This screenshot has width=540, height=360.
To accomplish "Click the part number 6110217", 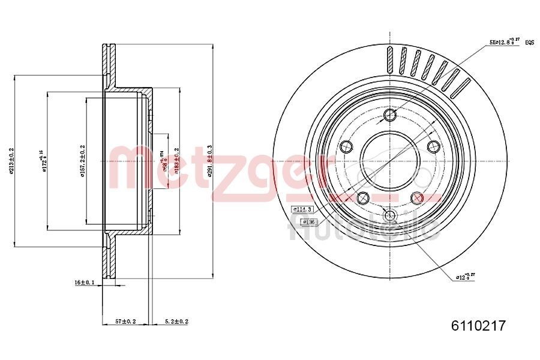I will [478, 326].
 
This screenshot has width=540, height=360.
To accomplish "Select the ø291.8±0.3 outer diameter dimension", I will [209, 161].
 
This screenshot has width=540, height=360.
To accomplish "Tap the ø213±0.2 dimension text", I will [11, 161].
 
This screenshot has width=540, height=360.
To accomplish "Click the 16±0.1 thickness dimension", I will [85, 281].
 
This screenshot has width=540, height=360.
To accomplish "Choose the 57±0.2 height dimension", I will [126, 322].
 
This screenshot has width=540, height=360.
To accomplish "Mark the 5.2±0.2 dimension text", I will [176, 322].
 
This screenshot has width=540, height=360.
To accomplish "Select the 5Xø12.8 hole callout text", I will [503, 43].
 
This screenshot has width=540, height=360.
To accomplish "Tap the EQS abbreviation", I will [529, 43].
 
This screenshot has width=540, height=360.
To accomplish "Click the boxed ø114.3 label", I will [303, 209].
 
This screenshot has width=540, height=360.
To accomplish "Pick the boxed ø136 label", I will [309, 221].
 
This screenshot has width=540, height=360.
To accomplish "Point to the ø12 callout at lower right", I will [466, 277].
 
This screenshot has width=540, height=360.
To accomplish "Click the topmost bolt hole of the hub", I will [390, 115].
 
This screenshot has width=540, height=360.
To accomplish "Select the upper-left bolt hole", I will [346, 146].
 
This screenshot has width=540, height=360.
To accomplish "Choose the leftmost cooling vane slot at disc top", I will [390, 59].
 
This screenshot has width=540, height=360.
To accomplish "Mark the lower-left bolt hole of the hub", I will [362, 197].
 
